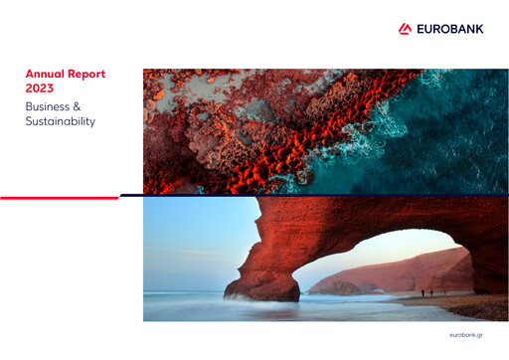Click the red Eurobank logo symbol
point(405,29)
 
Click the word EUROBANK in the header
point(448,29)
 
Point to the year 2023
point(40,88)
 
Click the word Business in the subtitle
point(51,105)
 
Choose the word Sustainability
point(61,121)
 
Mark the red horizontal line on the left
point(60,197)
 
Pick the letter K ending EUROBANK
point(479,29)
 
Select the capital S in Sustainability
point(30,121)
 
